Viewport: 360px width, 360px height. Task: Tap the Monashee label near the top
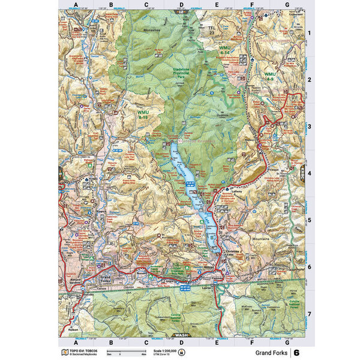point(152,29)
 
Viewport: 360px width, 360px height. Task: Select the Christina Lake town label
point(235,254)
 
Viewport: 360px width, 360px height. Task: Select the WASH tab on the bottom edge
point(179,334)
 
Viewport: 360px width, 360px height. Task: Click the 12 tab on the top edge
point(179,12)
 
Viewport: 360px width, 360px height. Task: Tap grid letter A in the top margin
point(76,5)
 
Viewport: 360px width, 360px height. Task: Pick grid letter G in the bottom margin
point(287,343)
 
